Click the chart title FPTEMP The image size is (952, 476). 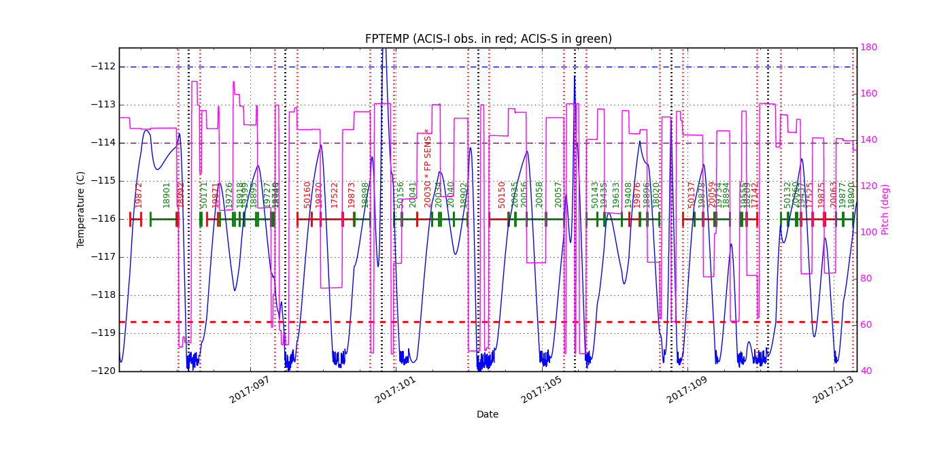488,39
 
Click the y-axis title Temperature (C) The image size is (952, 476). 81,209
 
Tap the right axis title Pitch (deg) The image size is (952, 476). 885,209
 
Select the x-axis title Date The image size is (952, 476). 488,414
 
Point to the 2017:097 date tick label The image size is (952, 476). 250,390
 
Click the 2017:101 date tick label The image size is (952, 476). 395,390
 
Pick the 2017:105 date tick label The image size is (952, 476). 541,390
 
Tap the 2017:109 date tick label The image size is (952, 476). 687,390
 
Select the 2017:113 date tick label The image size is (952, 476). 833,390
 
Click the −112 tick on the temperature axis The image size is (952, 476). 103,67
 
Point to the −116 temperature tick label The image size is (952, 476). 103,219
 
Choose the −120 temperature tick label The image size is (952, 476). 103,371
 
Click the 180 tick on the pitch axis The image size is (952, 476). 869,48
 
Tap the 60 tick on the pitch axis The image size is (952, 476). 867,325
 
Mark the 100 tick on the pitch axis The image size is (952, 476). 869,233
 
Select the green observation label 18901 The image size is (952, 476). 167,194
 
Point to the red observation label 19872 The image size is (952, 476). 139,194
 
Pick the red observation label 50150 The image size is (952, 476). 502,194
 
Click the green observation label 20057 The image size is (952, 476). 558,194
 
